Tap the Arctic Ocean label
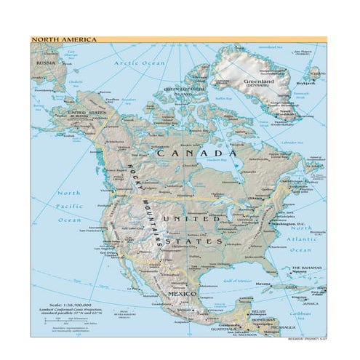139,64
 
